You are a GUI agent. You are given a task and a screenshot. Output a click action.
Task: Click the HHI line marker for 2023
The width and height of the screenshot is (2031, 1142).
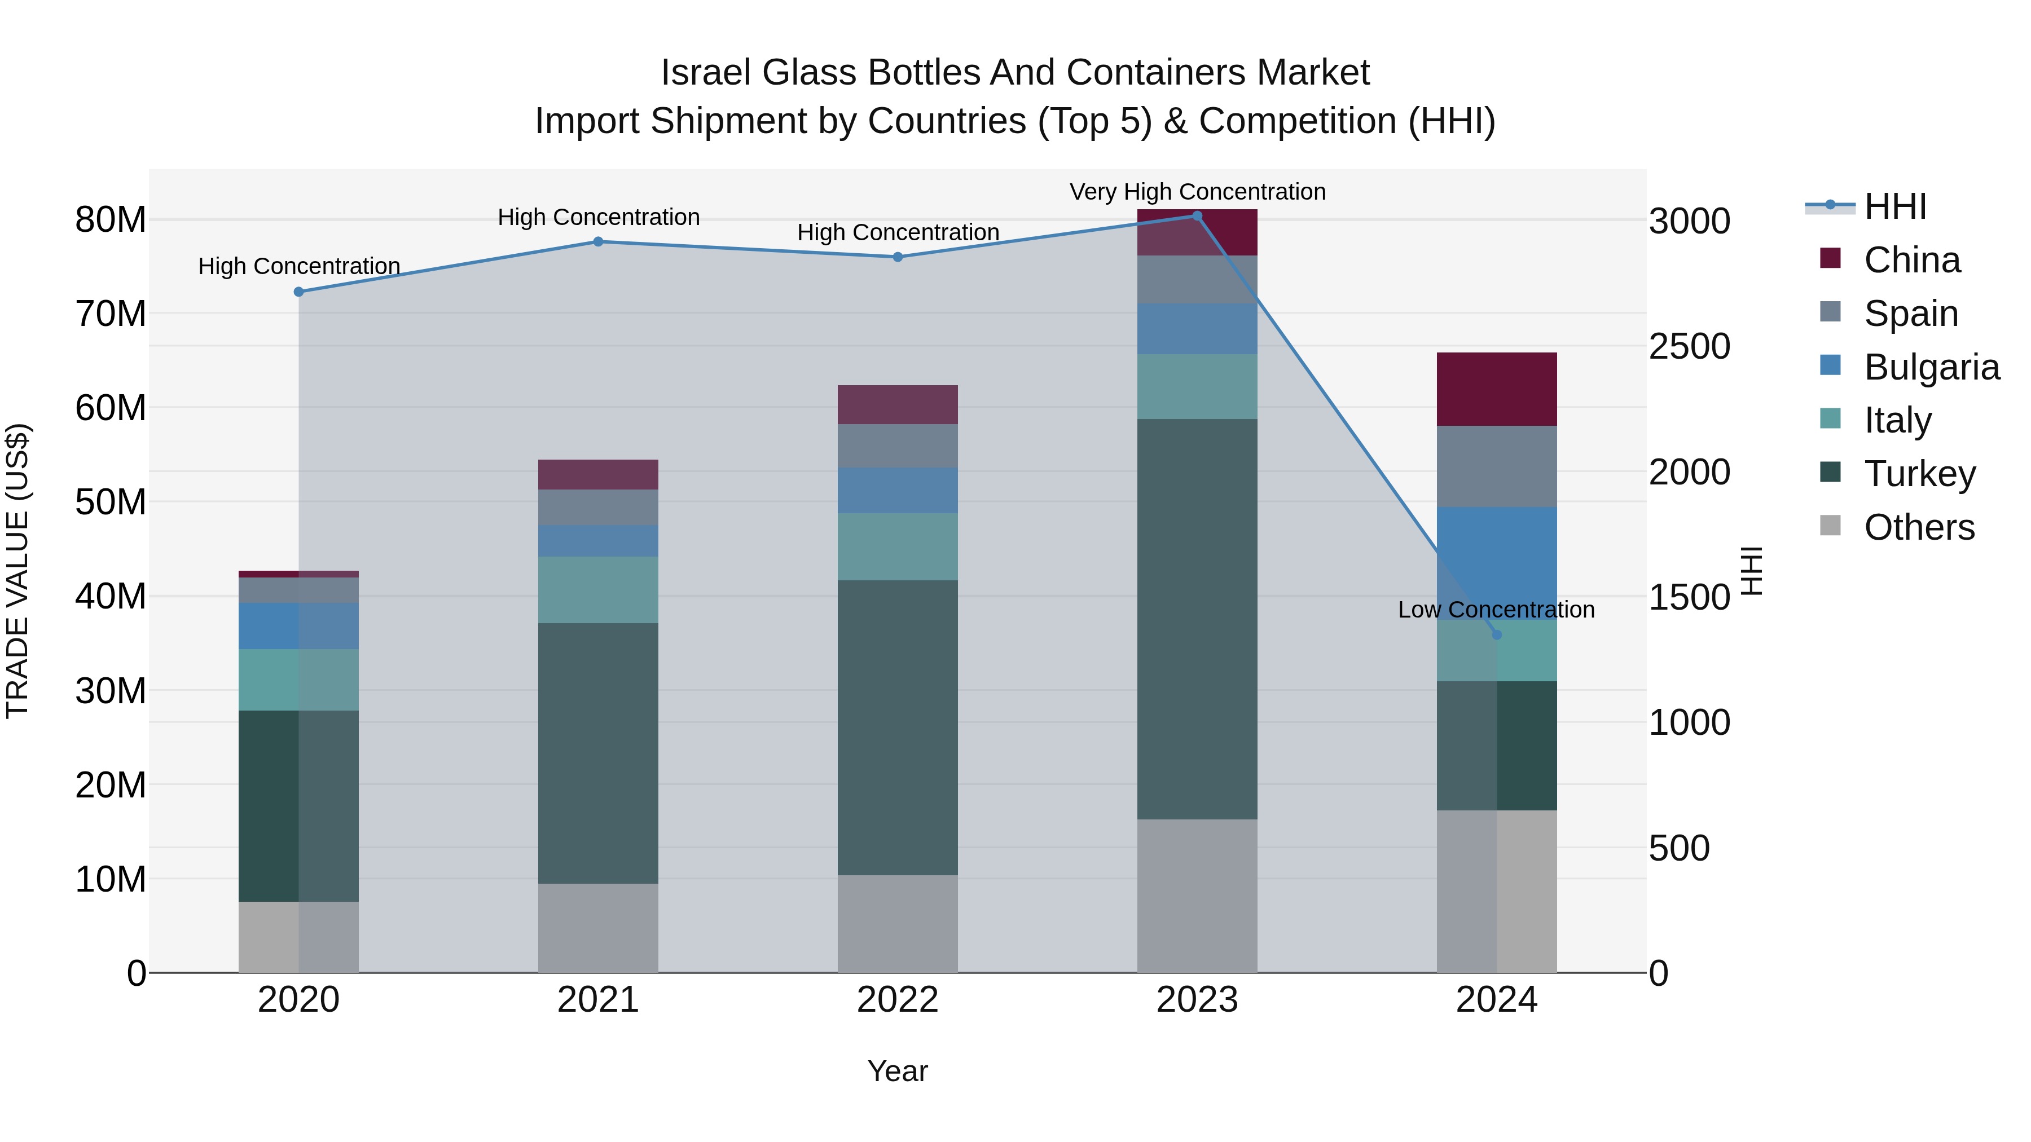tap(1196, 216)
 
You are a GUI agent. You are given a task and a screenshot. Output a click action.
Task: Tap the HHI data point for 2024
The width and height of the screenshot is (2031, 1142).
tap(1496, 634)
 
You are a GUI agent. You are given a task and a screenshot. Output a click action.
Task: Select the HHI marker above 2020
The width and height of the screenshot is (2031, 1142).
tap(299, 292)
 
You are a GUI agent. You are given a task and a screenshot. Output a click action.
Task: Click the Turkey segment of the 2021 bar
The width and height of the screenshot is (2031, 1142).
tap(597, 753)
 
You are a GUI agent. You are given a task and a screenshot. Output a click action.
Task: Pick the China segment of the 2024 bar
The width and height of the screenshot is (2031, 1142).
tap(1496, 389)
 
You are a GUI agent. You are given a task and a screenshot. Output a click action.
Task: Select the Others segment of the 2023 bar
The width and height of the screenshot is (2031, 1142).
tap(1197, 896)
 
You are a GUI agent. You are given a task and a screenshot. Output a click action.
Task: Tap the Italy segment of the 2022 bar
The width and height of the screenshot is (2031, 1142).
tap(897, 547)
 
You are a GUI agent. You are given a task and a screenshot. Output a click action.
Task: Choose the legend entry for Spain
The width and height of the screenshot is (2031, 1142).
tap(1910, 314)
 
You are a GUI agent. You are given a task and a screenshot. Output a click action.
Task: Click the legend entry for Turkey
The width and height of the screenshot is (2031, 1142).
tap(1919, 474)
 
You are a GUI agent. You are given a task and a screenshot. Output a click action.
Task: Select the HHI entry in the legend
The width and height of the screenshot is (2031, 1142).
tap(1894, 206)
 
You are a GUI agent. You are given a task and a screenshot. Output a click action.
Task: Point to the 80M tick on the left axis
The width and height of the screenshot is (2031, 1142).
tap(111, 220)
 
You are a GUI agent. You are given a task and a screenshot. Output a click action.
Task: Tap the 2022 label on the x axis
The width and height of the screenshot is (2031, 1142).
tap(897, 1000)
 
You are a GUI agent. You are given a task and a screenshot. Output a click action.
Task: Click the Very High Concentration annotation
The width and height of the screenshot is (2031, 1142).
tap(1197, 192)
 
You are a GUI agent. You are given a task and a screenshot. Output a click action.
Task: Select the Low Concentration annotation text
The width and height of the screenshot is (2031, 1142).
tap(1496, 609)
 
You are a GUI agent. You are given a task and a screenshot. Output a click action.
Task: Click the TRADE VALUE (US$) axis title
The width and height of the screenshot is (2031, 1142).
tap(17, 571)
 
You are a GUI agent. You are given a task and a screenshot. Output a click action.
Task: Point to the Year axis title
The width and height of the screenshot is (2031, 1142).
tap(897, 1071)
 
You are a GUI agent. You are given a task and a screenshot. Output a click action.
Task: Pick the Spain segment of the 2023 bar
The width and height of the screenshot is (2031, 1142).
tap(1197, 280)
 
